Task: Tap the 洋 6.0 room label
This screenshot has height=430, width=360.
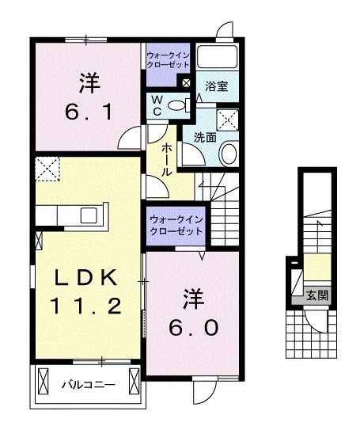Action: coord(191,312)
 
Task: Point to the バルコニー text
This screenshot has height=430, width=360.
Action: coord(88,386)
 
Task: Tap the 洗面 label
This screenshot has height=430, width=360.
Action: coord(205,137)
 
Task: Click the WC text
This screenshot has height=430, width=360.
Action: coord(157,105)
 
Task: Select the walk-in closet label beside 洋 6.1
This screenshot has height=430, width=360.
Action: coord(167,60)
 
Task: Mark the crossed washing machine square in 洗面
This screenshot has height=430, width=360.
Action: coord(229,119)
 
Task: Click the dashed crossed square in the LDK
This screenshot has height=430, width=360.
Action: coord(46,169)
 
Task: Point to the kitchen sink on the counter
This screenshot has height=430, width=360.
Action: coord(87,215)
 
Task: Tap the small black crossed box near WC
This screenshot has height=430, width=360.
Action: coord(186,82)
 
